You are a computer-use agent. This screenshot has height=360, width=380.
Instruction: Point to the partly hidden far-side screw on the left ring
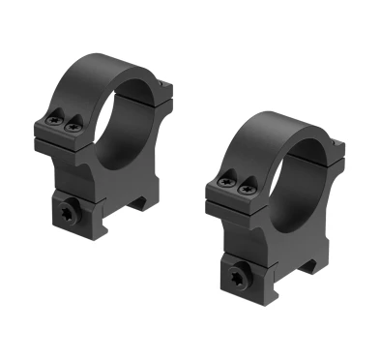coord(166,89)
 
